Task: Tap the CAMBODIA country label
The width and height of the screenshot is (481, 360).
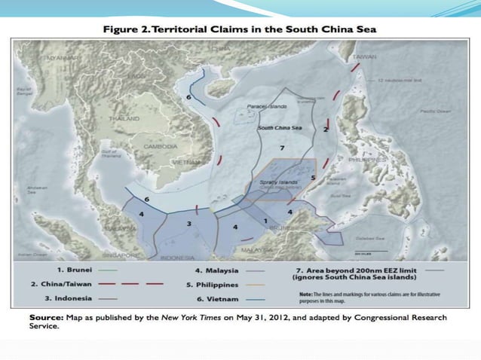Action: click(161, 146)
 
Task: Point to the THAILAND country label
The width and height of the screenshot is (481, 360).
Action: click(124, 119)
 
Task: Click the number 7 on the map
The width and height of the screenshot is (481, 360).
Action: click(280, 148)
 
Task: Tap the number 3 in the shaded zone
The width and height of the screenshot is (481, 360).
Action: click(188, 224)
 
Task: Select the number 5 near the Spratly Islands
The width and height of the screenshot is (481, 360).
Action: click(313, 178)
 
